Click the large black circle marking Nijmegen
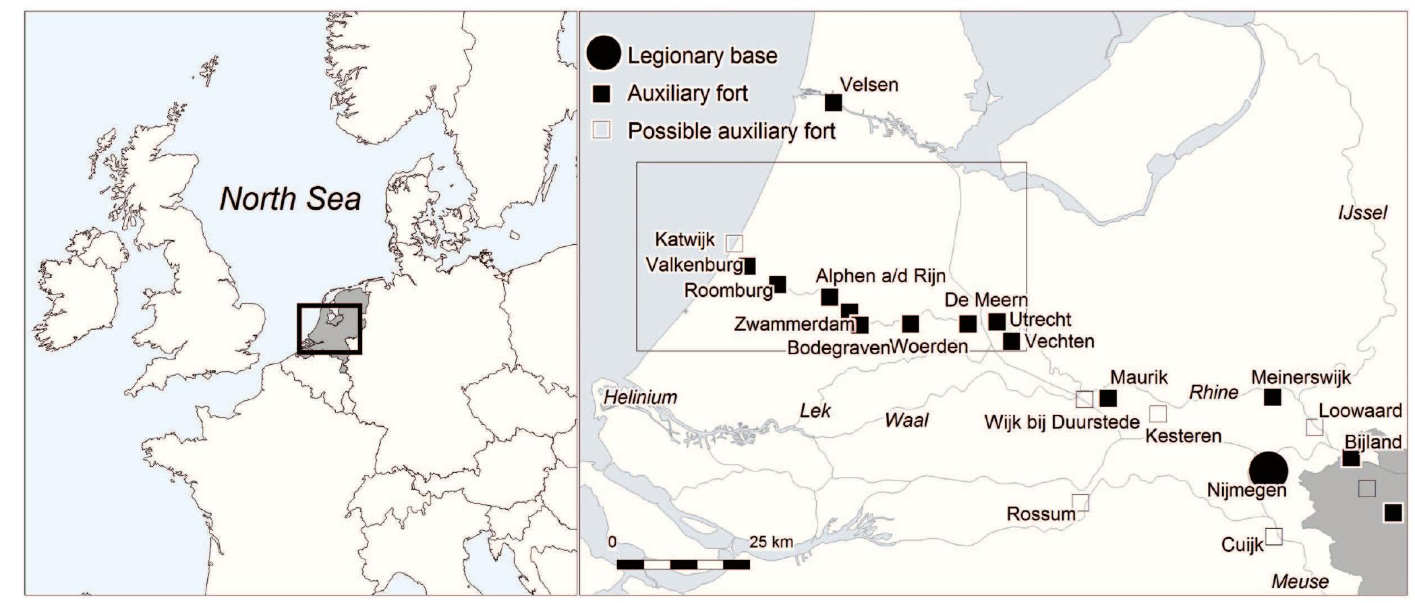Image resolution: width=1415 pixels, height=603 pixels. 1268,469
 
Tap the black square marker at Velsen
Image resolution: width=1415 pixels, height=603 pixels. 834,103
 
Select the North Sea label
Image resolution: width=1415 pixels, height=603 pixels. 290,199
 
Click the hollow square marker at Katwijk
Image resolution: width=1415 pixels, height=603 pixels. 734,243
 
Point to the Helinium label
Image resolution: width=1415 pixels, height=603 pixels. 640,397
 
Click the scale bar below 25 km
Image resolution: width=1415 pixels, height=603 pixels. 683,564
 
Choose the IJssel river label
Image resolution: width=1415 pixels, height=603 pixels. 1362,213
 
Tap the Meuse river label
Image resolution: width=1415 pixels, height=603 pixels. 1300,581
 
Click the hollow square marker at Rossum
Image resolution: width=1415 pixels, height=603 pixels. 1080,502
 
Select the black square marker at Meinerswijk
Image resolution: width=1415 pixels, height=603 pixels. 1272,397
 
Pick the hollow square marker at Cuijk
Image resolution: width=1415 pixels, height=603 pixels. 1273,536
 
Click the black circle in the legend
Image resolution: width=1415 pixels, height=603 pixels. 604,54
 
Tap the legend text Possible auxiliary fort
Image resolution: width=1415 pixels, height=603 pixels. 731,131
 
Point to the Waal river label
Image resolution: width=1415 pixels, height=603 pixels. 906,420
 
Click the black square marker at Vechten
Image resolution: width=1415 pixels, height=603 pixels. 1011,341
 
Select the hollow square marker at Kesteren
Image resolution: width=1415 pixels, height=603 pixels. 1157,413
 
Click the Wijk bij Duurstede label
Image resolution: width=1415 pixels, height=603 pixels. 1062,423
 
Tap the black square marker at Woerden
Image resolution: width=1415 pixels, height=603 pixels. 911,324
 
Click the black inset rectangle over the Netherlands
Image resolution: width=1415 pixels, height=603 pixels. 330,329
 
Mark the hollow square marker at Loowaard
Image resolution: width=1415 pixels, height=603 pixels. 1314,427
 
